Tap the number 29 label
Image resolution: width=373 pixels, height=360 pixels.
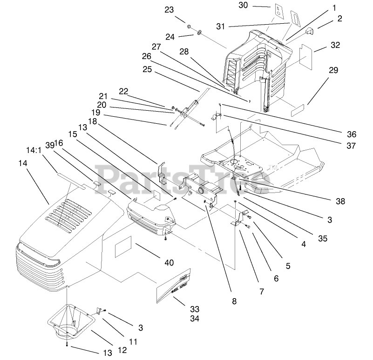[x=333, y=70]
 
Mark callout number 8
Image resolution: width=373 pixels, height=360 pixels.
[x=234, y=301]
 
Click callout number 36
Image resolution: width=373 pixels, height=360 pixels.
[x=352, y=134]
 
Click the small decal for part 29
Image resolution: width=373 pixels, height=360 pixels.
[x=297, y=112]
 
